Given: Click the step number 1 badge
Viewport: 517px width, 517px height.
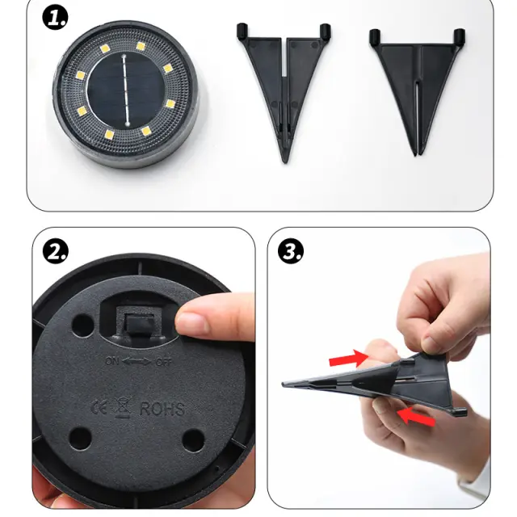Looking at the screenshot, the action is pyautogui.click(x=55, y=18).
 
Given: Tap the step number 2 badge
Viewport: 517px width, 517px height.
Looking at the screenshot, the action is pyautogui.click(x=56, y=252).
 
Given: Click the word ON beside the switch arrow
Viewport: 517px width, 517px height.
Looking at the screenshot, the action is pyautogui.click(x=112, y=360).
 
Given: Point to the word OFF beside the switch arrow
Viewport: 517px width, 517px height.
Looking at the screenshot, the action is pyautogui.click(x=164, y=363).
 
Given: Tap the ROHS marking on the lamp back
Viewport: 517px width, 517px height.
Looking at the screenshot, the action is pyautogui.click(x=162, y=409).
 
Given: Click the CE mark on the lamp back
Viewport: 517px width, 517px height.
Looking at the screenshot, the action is pyautogui.click(x=99, y=408).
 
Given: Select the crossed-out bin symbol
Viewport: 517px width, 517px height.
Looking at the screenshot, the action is pyautogui.click(x=123, y=407).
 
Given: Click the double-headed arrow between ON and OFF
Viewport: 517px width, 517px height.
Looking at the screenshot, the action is pyautogui.click(x=137, y=361).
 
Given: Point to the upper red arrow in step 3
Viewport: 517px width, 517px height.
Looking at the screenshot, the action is pyautogui.click(x=348, y=358).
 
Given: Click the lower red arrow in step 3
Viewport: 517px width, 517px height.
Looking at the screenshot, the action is pyautogui.click(x=416, y=417).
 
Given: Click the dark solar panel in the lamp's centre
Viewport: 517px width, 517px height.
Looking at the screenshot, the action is pyautogui.click(x=126, y=90).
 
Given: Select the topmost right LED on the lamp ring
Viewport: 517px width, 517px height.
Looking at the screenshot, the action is pyautogui.click(x=141, y=46).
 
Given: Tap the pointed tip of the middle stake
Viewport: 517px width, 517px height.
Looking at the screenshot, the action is pyautogui.click(x=285, y=162).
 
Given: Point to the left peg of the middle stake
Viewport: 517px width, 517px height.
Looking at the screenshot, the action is pyautogui.click(x=242, y=31).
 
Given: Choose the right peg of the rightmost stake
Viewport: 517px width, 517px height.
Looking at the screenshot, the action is pyautogui.click(x=460, y=36).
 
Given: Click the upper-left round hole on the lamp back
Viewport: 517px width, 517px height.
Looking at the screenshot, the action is pyautogui.click(x=82, y=326).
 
